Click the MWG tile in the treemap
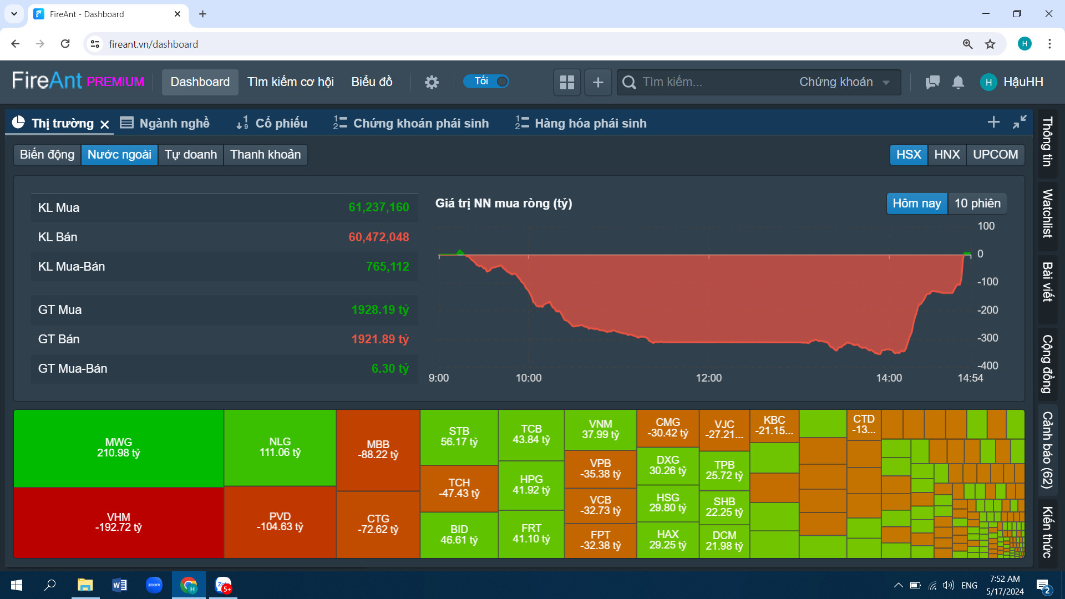tap(118, 448)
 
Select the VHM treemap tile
tap(118, 522)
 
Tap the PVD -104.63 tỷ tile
tap(280, 522)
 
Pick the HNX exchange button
tap(947, 155)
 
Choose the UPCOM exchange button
tap(995, 155)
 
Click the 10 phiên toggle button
tap(977, 204)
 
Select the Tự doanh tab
tap(191, 155)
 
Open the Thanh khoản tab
tap(265, 155)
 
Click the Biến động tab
tap(47, 155)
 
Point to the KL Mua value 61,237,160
tap(378, 207)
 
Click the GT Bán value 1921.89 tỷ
tap(380, 339)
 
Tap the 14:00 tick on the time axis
tap(889, 378)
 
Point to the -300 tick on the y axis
tap(987, 338)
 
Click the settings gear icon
tap(432, 82)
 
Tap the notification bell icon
tap(958, 82)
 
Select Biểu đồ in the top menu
tap(372, 82)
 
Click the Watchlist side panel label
tap(1047, 214)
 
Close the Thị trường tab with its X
tap(105, 124)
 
